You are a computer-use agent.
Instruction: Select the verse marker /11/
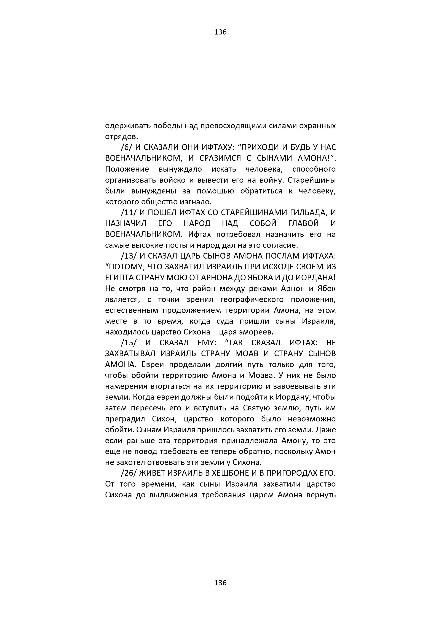129,213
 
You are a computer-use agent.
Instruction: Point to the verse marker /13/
129,256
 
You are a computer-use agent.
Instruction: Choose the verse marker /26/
129,473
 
